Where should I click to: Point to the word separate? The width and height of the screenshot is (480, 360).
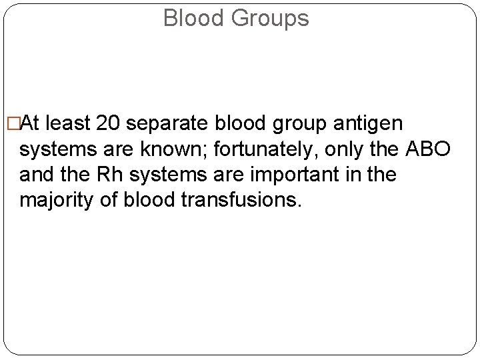click(x=169, y=124)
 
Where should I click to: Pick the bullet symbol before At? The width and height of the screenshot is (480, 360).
click(x=10, y=124)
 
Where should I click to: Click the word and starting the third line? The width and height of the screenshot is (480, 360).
click(x=35, y=175)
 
